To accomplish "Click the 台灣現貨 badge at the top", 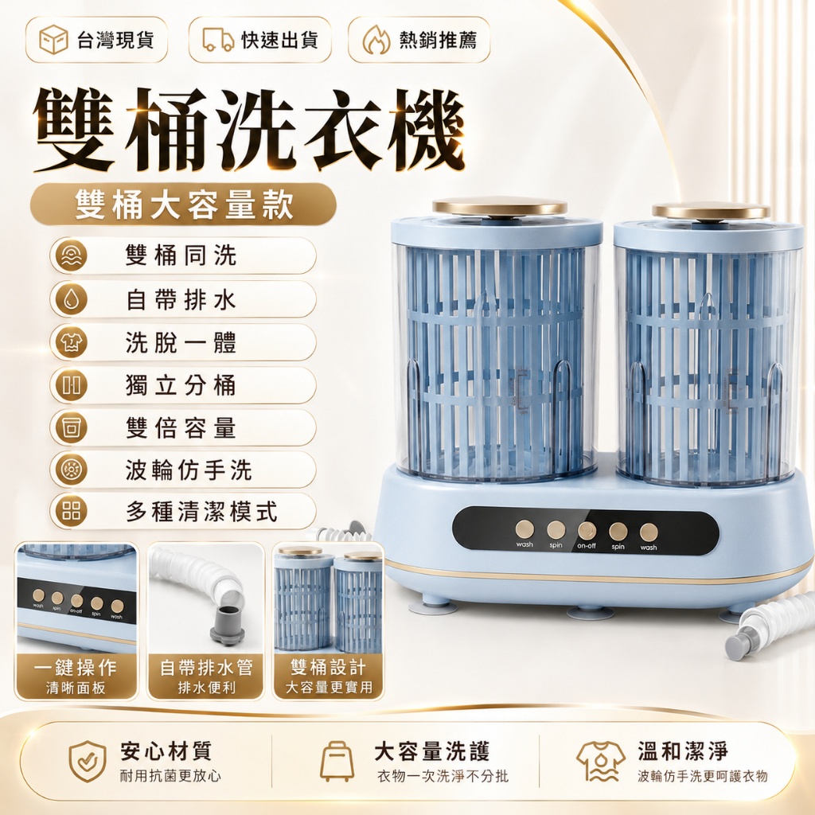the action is click(x=96, y=40).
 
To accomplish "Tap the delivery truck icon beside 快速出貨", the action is click(x=218, y=40).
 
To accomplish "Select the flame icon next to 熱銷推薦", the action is click(x=376, y=40).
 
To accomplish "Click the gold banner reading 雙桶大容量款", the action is click(x=183, y=205).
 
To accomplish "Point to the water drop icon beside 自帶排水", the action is click(x=72, y=299).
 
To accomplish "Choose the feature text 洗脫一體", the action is click(x=181, y=342).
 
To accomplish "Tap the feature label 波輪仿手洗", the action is click(x=189, y=470).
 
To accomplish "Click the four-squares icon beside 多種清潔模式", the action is click(x=72, y=511).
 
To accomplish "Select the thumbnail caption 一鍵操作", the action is click(x=76, y=668).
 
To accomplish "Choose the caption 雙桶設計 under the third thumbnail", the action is click(x=329, y=668).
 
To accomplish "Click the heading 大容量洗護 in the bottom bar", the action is click(x=432, y=751).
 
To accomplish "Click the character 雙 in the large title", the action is click(x=74, y=131).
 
